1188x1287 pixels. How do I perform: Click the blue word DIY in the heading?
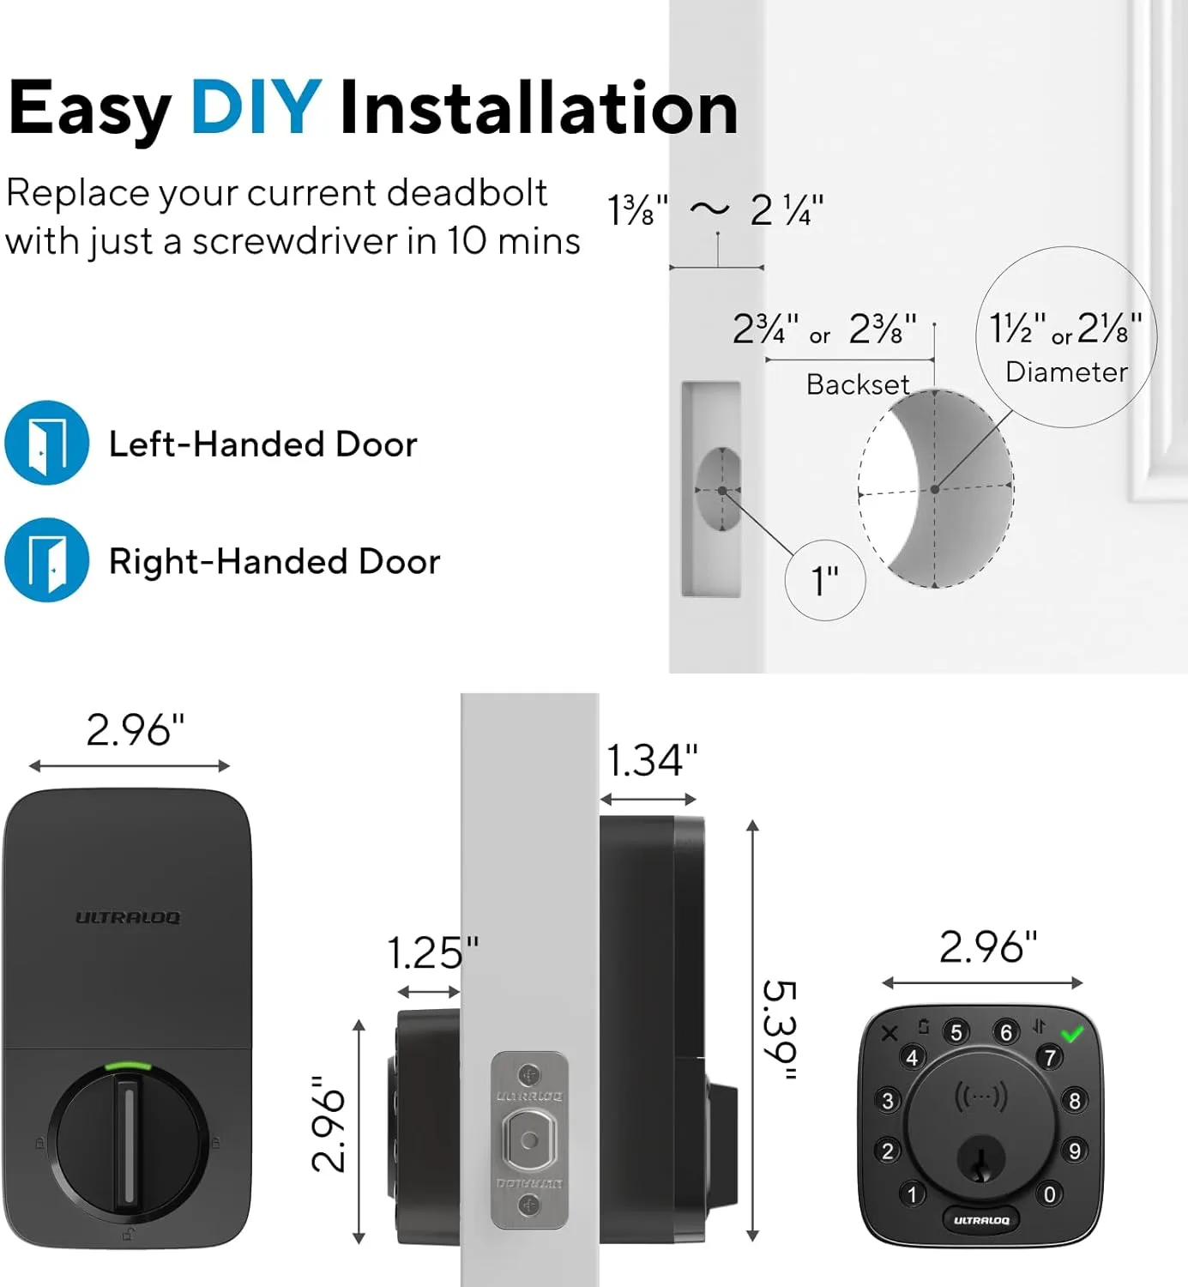tap(256, 108)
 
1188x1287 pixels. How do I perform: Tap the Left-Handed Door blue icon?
tap(47, 443)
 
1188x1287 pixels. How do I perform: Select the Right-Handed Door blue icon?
tap(47, 560)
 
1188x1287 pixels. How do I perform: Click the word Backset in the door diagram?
tap(858, 384)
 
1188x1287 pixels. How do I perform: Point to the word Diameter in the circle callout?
tap(1066, 372)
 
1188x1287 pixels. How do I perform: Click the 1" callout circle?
tap(825, 581)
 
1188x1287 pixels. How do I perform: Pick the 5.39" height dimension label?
tap(780, 1030)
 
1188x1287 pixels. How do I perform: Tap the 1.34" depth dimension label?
tap(652, 761)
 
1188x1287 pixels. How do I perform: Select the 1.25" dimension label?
tap(432, 953)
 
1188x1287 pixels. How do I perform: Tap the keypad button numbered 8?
tap(1074, 1100)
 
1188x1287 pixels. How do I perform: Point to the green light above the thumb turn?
tap(127, 1066)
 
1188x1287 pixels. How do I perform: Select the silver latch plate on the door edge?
tap(529, 1141)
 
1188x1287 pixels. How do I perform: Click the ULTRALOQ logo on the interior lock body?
tap(128, 918)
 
